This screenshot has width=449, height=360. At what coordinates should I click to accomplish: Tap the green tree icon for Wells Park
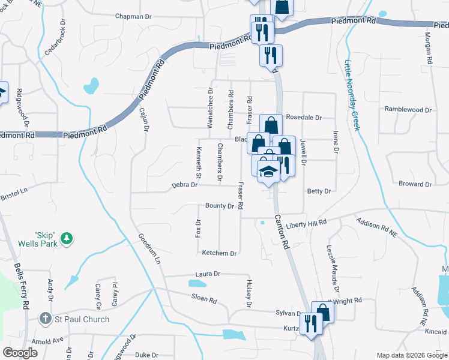click(x=68, y=239)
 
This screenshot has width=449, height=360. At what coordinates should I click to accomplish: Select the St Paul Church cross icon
click(x=44, y=319)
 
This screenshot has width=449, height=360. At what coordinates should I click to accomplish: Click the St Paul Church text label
click(x=82, y=319)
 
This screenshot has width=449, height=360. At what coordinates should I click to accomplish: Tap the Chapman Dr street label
click(x=133, y=17)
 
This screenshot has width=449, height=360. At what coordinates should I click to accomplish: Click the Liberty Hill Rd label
click(x=309, y=223)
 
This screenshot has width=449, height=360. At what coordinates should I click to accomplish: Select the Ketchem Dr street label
click(x=219, y=253)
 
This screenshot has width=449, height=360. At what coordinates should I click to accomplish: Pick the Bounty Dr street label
click(x=219, y=206)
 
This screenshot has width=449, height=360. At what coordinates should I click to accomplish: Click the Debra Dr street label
click(x=185, y=185)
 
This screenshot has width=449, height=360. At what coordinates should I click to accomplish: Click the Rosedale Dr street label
click(x=304, y=118)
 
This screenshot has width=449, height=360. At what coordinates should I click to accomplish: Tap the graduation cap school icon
click(x=268, y=170)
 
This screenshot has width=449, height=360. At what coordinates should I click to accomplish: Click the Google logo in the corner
click(x=20, y=353)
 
